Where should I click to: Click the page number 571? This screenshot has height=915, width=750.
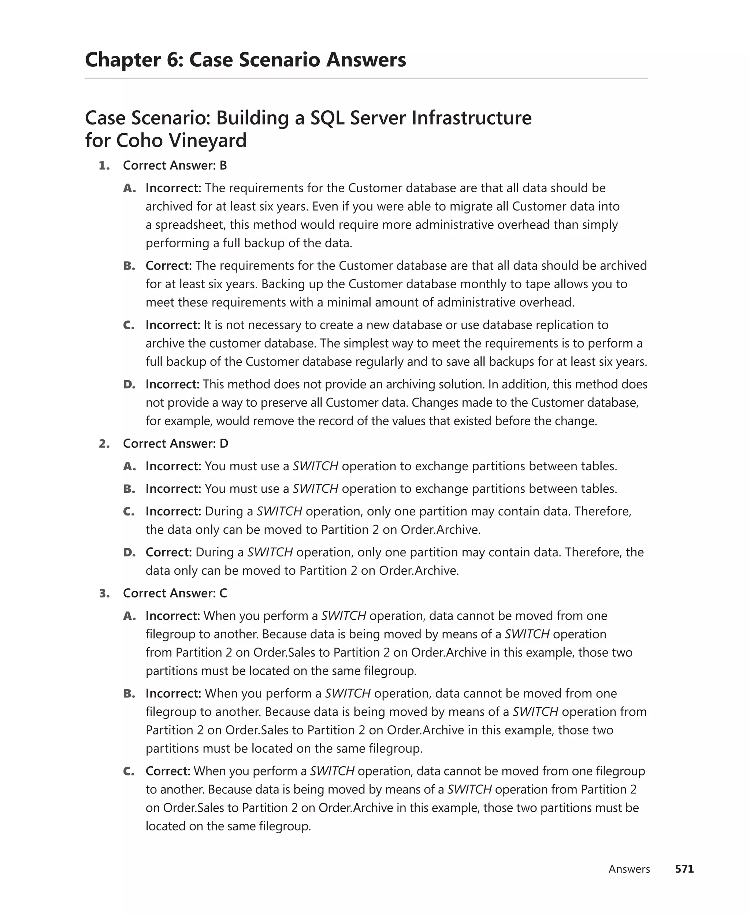(x=684, y=869)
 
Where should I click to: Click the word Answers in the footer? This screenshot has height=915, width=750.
(x=629, y=869)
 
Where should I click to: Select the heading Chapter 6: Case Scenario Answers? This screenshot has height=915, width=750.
(x=245, y=60)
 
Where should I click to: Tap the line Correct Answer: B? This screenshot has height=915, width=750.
(x=175, y=166)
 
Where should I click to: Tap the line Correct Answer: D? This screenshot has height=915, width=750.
(x=175, y=444)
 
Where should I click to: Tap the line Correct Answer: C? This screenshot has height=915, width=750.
(x=175, y=593)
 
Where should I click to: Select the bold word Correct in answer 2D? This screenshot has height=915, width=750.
(x=168, y=552)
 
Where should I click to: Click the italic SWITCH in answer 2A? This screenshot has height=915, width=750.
(x=315, y=466)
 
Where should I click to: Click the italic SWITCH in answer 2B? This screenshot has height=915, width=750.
(x=315, y=489)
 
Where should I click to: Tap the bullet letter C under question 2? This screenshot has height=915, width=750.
(x=129, y=511)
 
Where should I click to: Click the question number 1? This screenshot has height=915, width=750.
(x=104, y=166)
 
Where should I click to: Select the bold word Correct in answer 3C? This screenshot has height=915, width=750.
(x=168, y=771)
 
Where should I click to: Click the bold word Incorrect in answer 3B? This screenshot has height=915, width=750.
(x=173, y=693)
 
